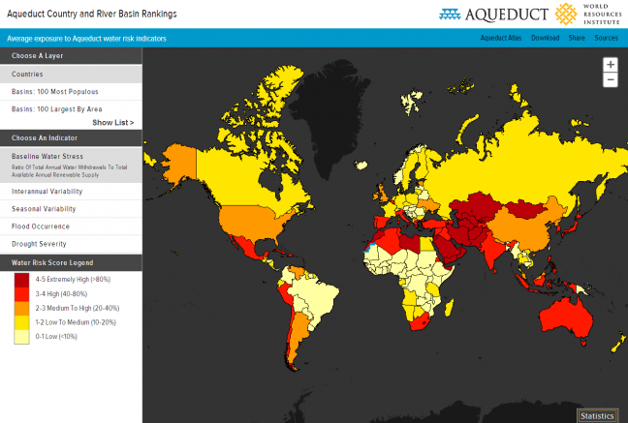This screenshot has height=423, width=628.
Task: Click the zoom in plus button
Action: [x=610, y=65]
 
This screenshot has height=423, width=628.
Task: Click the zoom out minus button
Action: [x=610, y=79]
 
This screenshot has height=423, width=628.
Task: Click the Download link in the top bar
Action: [x=545, y=38]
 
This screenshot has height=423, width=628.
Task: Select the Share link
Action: [x=577, y=38]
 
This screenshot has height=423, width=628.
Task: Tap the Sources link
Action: [x=606, y=38]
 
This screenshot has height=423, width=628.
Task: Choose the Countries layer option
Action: [x=27, y=74]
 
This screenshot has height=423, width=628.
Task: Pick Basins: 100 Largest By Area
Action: [x=56, y=109]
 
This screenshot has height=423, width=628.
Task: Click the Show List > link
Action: [x=113, y=123]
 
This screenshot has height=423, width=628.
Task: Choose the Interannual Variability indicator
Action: [x=47, y=191]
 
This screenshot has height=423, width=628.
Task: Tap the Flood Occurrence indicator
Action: [x=41, y=226]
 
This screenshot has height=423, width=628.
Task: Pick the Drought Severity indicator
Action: [x=39, y=243]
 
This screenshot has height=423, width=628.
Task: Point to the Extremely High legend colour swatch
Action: [x=21, y=279]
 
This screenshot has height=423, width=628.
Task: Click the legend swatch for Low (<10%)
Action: [x=21, y=337]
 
